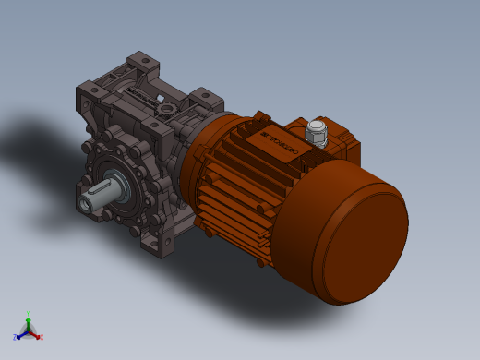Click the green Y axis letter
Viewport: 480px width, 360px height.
coord(29,314)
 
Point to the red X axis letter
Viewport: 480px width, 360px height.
coord(42,337)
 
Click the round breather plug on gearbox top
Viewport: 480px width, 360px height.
coord(166,108)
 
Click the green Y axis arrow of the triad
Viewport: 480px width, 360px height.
coord(29,322)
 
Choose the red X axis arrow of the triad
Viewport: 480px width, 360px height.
coord(35,333)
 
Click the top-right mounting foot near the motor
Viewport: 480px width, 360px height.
coord(206,96)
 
